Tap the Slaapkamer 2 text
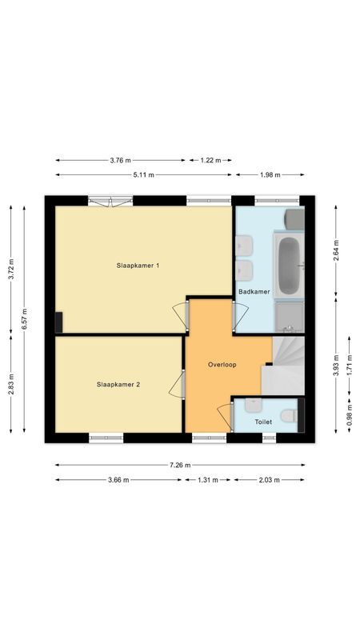[x=118, y=385]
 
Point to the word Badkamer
[x=254, y=292]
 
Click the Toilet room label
[x=263, y=422]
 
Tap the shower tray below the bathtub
[x=289, y=316]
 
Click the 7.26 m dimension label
[x=180, y=464]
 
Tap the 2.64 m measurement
[x=337, y=250]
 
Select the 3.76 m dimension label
[x=122, y=160]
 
